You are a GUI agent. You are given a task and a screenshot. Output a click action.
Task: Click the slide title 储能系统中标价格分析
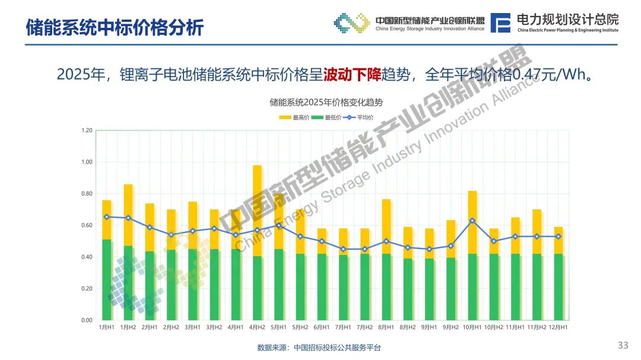pos(115,27)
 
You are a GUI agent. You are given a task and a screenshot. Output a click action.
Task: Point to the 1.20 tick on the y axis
pos(87,130)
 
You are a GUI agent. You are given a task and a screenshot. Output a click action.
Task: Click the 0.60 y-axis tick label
pos(87,225)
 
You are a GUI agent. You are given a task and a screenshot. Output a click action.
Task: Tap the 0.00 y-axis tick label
pos(87,320)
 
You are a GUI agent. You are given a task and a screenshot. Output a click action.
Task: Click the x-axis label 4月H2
pos(257,327)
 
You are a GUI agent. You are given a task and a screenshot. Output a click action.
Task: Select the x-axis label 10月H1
pos(472,327)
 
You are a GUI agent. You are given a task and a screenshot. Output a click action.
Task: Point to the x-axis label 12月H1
pos(559,327)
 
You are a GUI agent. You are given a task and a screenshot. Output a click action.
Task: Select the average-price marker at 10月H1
pos(472,221)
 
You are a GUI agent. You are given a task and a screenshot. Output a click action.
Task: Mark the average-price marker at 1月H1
pos(107,217)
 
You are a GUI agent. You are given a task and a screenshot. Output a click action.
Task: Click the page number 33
pos(623,345)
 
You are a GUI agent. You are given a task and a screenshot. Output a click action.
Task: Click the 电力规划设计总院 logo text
pos(567,20)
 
